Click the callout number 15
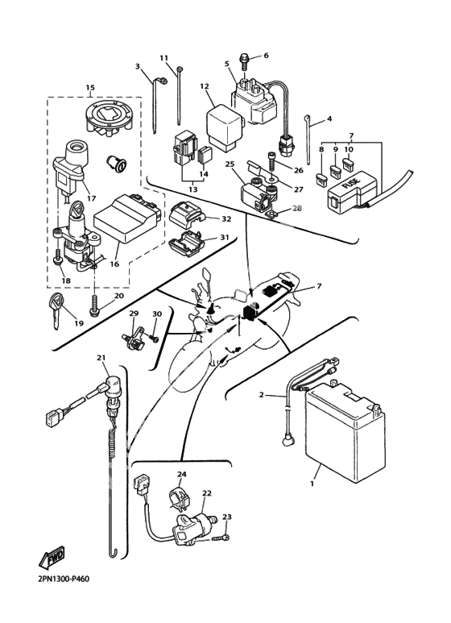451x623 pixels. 90,87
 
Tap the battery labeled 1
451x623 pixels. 345,430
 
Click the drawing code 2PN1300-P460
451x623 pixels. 64,579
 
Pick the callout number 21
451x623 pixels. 101,358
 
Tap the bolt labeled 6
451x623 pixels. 245,62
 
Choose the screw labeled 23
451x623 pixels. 222,538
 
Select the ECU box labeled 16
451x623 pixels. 129,218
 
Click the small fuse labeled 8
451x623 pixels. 321,180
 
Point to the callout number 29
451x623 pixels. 134,313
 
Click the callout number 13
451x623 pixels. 193,189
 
